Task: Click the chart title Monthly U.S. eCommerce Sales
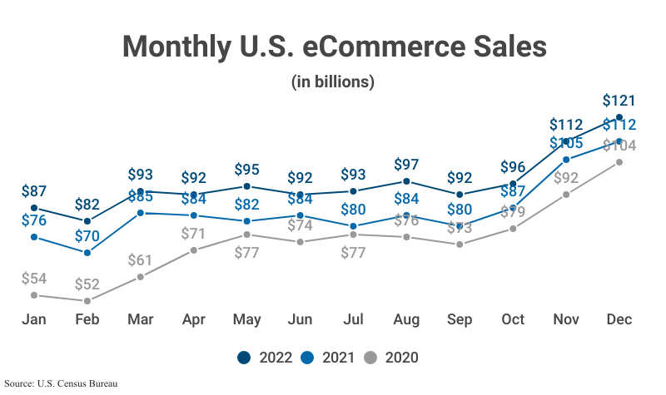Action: coord(333,46)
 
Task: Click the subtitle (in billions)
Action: coord(333,82)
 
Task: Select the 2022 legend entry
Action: coord(265,358)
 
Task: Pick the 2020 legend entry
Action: coord(391,358)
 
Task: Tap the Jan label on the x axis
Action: coord(34,320)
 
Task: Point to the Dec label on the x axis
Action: coord(619,320)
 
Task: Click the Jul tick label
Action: coord(353,320)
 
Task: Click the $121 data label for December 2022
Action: coord(619,101)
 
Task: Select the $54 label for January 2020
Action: coord(34,278)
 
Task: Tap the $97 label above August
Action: coord(406,165)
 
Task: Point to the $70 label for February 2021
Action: coord(87,235)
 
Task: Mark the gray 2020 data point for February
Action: coord(87,300)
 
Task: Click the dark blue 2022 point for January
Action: coord(34,208)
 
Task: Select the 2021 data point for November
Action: coord(566,159)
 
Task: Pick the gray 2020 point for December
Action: coord(619,162)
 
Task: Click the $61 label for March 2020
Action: coord(141,259)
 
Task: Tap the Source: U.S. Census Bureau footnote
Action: coord(59,384)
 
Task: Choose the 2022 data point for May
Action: coord(246,186)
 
